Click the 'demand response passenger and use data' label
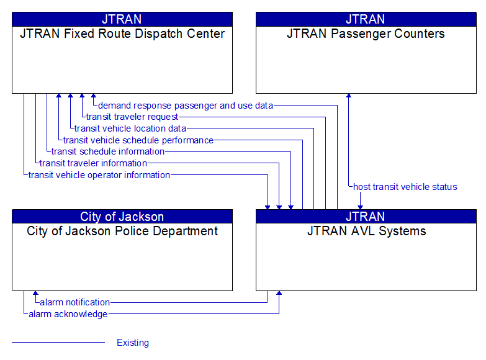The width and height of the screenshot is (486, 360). pyautogui.click(x=186, y=106)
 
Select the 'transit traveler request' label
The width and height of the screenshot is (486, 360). pyautogui.click(x=132, y=117)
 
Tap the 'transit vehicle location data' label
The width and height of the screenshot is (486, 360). pyautogui.click(x=130, y=128)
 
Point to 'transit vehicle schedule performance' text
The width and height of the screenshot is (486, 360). pyautogui.click(x=138, y=140)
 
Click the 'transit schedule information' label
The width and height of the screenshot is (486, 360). pyautogui.click(x=108, y=151)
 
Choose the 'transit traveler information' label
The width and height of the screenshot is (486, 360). pyautogui.click(x=93, y=163)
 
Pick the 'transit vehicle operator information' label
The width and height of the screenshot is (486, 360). pyautogui.click(x=99, y=175)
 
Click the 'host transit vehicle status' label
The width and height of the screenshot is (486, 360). pyautogui.click(x=405, y=187)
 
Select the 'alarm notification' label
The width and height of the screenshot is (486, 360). pyautogui.click(x=75, y=302)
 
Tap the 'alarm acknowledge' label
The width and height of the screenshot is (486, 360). pyautogui.click(x=68, y=314)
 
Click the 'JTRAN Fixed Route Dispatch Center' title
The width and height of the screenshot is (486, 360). pyautogui.click(x=122, y=34)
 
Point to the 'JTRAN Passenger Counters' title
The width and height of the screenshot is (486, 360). pyautogui.click(x=366, y=34)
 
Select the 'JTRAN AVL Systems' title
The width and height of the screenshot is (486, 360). pyautogui.click(x=366, y=232)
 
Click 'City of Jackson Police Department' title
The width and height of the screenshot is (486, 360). pyautogui.click(x=122, y=232)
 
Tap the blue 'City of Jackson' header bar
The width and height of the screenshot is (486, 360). pyautogui.click(x=122, y=217)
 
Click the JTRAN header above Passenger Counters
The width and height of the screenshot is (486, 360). pyautogui.click(x=366, y=19)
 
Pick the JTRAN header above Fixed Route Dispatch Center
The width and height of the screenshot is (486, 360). pyautogui.click(x=122, y=19)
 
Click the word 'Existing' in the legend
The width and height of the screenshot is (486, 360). pyautogui.click(x=133, y=343)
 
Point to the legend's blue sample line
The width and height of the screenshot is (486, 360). pyautogui.click(x=58, y=343)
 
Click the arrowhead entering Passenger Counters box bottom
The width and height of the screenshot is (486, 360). pyautogui.click(x=348, y=96)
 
